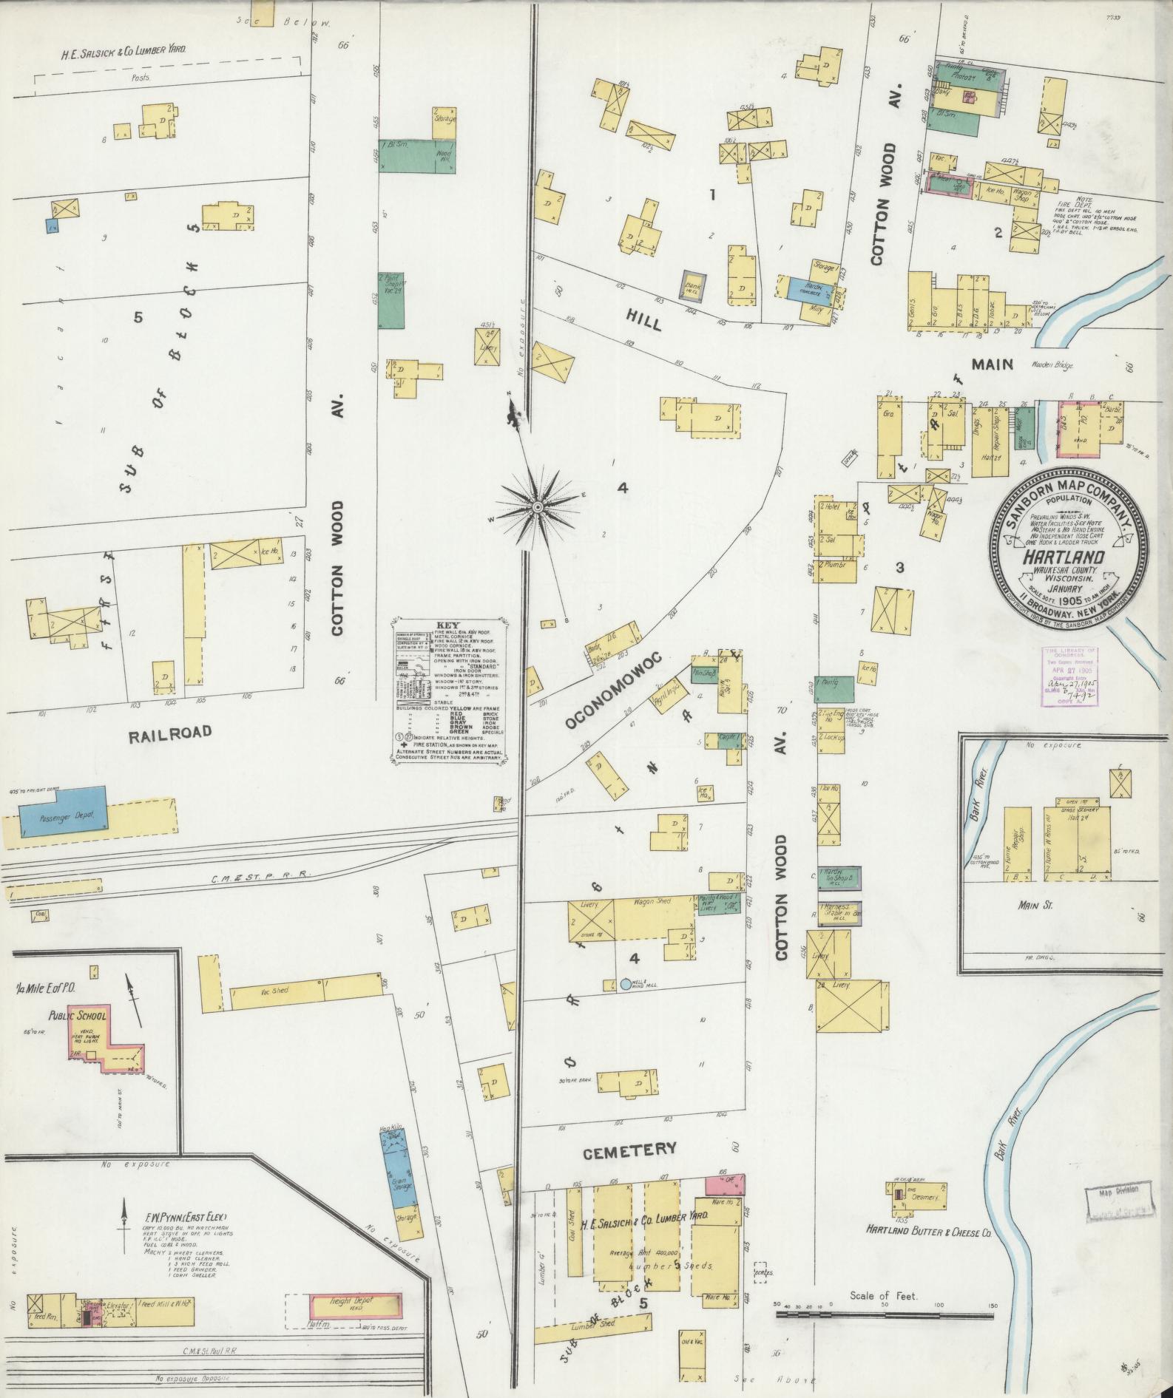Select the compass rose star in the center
tap(538, 506)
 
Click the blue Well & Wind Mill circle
tap(626, 984)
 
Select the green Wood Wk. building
tap(417, 157)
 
